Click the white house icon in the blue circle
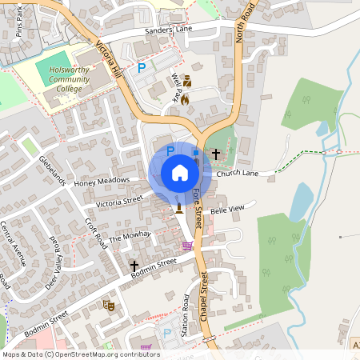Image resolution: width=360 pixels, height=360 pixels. (179, 172)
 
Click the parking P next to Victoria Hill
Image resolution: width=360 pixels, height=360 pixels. (142, 68)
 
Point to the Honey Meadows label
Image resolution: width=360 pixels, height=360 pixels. (102, 182)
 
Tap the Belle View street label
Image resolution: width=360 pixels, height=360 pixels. (226, 209)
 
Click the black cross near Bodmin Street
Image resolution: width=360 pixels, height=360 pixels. (134, 265)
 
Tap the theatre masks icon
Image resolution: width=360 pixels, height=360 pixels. (109, 305)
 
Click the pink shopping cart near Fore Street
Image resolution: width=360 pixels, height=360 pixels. (187, 246)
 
